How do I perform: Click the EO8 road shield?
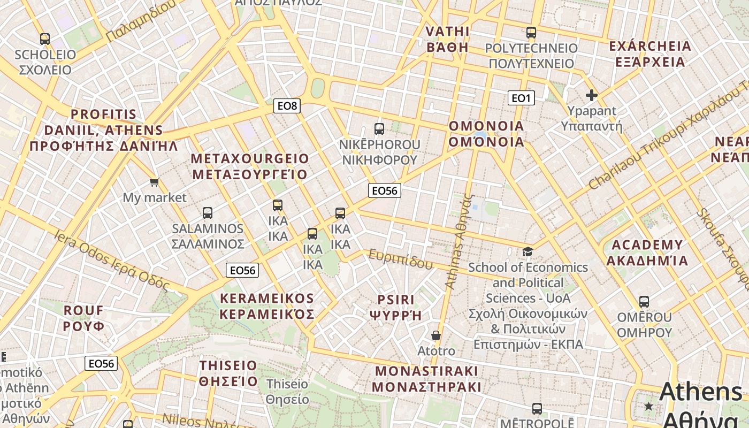coord(287,106)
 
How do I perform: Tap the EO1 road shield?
coord(521,98)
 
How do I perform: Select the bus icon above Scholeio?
coord(45,39)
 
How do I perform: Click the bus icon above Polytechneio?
coord(531,33)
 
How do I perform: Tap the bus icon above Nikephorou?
coord(379,129)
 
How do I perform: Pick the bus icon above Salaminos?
coord(208,213)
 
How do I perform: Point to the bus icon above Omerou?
coord(644,302)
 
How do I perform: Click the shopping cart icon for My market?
coord(155,182)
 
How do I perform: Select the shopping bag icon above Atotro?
coord(436,335)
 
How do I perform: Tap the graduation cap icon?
coord(528,251)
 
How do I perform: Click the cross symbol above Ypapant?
coord(591,96)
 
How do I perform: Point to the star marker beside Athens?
coord(649,406)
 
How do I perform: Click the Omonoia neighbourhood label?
coord(486,134)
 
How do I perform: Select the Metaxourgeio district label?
coord(250,166)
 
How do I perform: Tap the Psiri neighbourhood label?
coord(396,307)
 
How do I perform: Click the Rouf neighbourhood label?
coord(84,318)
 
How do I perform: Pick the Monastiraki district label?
coord(426,379)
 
